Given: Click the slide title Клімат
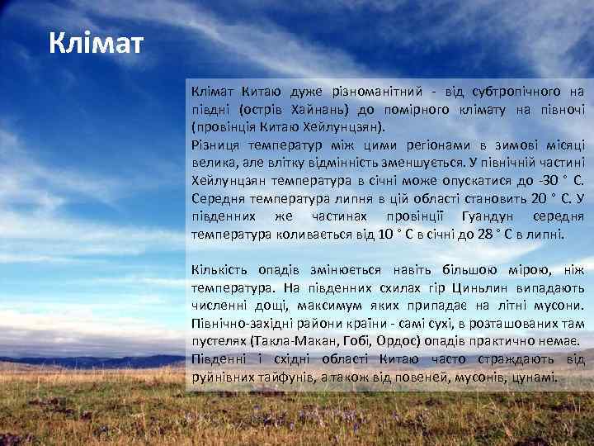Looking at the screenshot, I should (x=96, y=41).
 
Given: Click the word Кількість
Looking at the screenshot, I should (x=219, y=269).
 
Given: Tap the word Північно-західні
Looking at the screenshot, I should (x=240, y=323).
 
